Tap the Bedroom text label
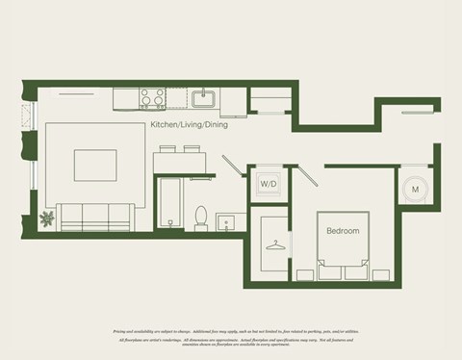(x=343, y=231)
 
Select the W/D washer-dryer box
(x=268, y=183)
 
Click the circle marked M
(x=415, y=190)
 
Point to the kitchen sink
(x=205, y=97)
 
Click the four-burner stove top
(x=152, y=97)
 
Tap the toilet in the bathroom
(x=202, y=218)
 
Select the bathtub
(x=169, y=203)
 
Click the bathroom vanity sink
(x=227, y=222)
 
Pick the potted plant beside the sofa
(x=47, y=219)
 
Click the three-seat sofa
(x=94, y=216)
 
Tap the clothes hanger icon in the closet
(x=276, y=244)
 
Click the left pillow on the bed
(x=330, y=271)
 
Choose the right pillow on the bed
(x=355, y=271)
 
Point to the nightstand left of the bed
(x=305, y=273)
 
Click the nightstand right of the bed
(x=380, y=273)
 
